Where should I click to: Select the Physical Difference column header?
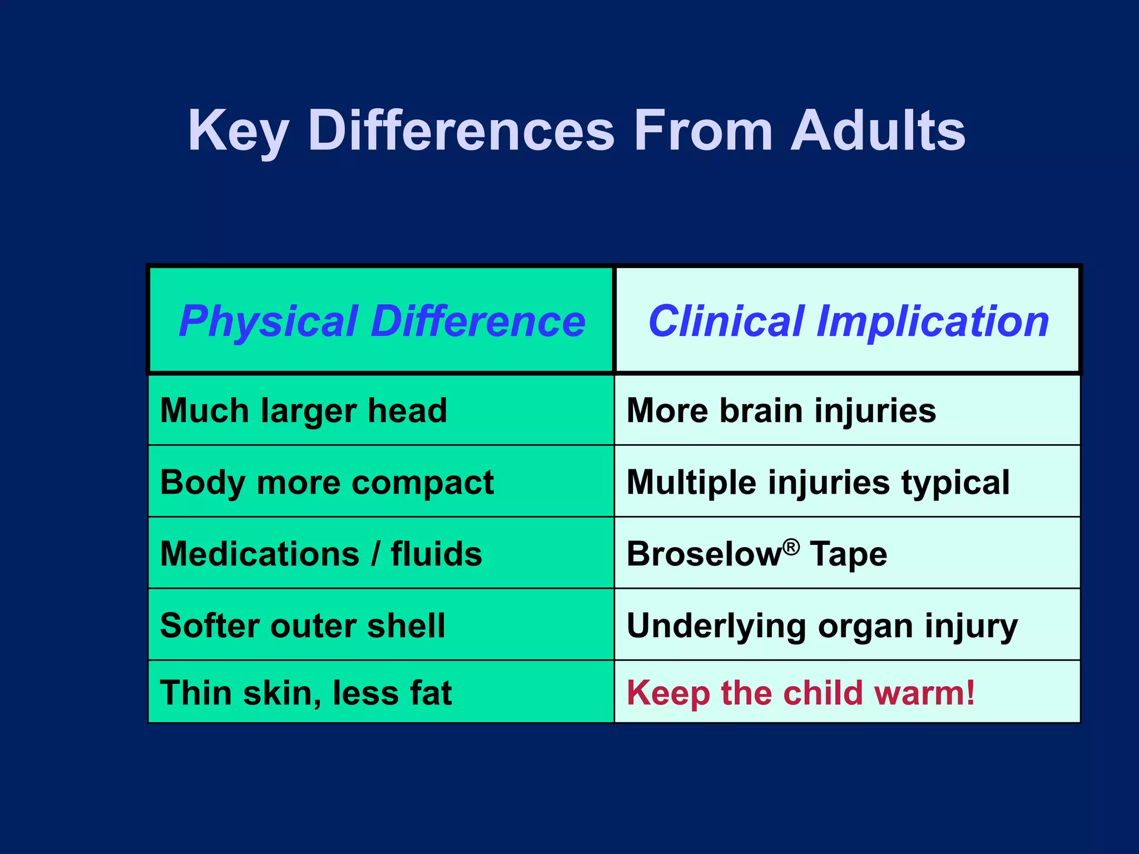pos(382,321)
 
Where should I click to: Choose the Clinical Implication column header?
pos(848,321)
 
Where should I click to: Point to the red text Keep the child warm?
pos(801,693)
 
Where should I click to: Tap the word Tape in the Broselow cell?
pos(848,554)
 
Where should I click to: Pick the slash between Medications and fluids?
pos(376,554)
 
